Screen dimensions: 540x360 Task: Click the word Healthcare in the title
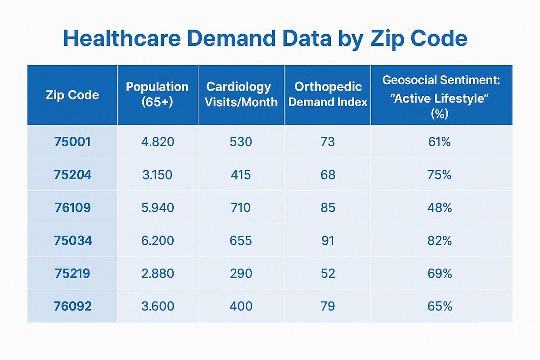click(x=122, y=38)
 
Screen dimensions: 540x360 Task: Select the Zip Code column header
click(x=72, y=95)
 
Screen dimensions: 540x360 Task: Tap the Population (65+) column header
click(x=157, y=94)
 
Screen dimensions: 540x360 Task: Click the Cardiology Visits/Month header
click(x=241, y=94)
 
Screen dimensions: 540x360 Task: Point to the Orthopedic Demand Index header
click(x=328, y=94)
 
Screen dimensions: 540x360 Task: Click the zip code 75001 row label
click(x=72, y=142)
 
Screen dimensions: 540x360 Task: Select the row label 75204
click(x=72, y=175)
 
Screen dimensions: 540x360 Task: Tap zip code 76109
click(x=72, y=207)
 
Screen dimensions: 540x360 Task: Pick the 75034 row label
click(x=73, y=240)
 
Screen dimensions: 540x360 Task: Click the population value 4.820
click(x=157, y=142)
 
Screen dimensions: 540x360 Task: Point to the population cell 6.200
click(x=157, y=240)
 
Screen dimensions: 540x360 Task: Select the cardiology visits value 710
click(x=241, y=207)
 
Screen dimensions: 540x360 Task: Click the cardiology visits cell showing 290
click(x=241, y=274)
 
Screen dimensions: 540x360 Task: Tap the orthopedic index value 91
click(x=328, y=240)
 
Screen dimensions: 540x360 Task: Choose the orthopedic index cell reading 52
click(x=328, y=274)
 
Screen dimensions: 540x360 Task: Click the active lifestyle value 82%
click(x=440, y=240)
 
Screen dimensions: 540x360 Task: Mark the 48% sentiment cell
click(x=440, y=207)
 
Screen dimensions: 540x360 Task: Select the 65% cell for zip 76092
click(x=440, y=306)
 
